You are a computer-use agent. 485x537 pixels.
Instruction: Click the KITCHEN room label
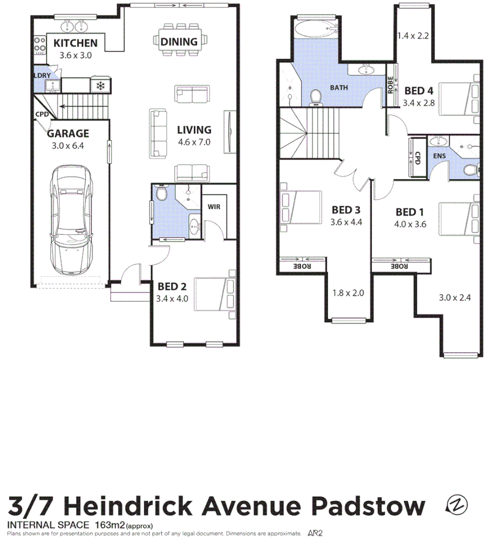pyautogui.click(x=76, y=43)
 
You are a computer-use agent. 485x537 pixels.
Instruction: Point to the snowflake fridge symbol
pyautogui.click(x=100, y=86)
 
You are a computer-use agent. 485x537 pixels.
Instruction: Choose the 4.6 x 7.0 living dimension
pyautogui.click(x=194, y=142)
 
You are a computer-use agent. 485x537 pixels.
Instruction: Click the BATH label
pyautogui.click(x=339, y=88)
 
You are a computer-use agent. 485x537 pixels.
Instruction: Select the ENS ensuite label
pyautogui.click(x=440, y=156)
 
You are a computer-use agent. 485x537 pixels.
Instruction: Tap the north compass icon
pyautogui.click(x=457, y=505)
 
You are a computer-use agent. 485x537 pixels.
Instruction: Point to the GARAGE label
pyautogui.click(x=68, y=133)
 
